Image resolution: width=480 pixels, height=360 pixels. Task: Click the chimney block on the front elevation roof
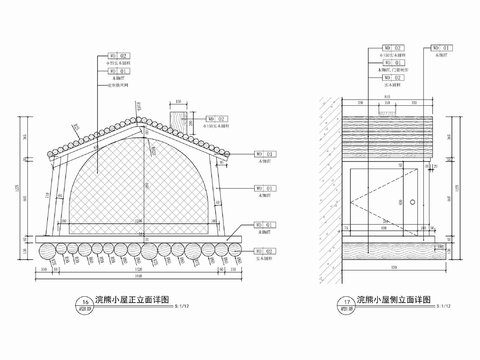[177, 119]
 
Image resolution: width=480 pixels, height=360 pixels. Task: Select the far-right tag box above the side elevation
[441, 47]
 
